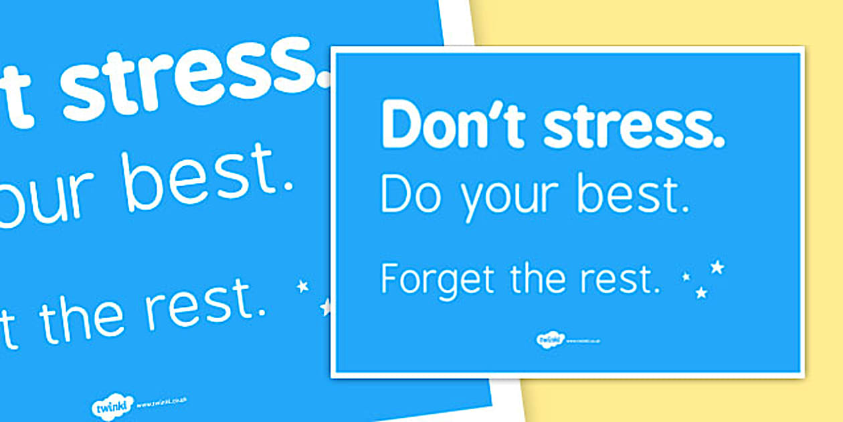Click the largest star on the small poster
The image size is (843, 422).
[x=717, y=267]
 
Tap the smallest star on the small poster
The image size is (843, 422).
[x=686, y=275]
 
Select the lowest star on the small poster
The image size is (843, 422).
[x=701, y=293]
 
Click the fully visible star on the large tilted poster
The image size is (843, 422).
[x=303, y=287]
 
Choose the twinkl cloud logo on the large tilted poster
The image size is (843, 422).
[x=112, y=406]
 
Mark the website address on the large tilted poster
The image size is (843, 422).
[x=161, y=403]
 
